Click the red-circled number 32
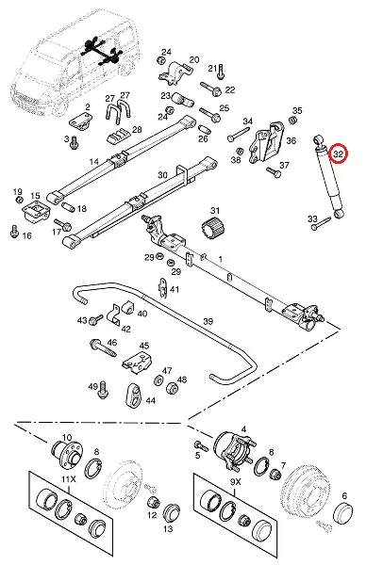[x=339, y=153]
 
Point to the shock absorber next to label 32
[x=328, y=177]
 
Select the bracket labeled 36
[x=267, y=142]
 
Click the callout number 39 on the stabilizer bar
[x=208, y=321]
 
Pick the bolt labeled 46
[x=103, y=347]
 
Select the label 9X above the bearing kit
[x=235, y=481]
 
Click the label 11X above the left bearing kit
[x=69, y=479]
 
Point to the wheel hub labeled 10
[x=67, y=453]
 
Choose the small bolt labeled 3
[x=75, y=142]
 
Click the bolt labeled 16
[x=14, y=232]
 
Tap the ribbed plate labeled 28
[x=118, y=136]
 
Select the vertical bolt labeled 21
[x=221, y=72]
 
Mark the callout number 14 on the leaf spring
[x=93, y=161]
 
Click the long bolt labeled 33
[x=321, y=223]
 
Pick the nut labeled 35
[x=293, y=120]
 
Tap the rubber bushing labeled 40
[x=127, y=306]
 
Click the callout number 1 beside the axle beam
[x=220, y=259]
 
